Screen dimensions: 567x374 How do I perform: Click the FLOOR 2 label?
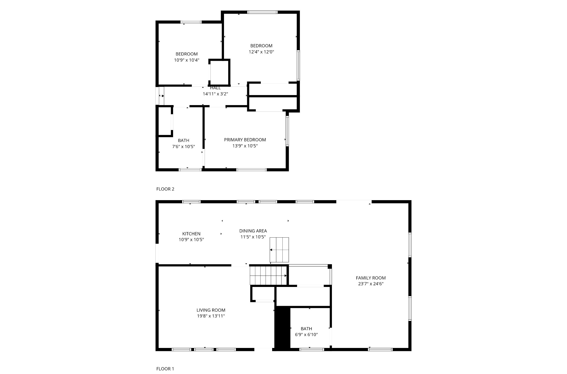(x=165, y=189)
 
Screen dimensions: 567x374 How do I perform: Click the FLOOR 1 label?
(x=165, y=369)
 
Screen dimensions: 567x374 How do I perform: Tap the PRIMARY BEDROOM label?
(x=245, y=140)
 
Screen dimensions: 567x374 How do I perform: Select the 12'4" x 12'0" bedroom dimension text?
(x=261, y=52)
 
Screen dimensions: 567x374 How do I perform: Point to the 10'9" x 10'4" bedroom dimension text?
(x=187, y=60)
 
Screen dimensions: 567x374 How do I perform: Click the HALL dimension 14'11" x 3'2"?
(x=215, y=94)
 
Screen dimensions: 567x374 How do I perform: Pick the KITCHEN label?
(x=191, y=234)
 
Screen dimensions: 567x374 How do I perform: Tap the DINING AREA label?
(x=253, y=231)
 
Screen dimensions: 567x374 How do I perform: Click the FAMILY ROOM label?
(x=371, y=278)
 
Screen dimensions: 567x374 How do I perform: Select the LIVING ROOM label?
(x=211, y=310)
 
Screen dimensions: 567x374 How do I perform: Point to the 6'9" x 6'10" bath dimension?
(x=306, y=335)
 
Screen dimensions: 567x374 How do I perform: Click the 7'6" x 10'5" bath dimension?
(x=184, y=146)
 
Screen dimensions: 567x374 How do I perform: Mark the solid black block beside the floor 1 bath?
(x=282, y=328)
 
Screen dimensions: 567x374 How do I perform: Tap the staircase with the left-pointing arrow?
(x=279, y=250)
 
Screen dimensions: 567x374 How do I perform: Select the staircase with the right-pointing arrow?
(x=268, y=276)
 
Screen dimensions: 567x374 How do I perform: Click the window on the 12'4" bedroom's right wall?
(x=298, y=65)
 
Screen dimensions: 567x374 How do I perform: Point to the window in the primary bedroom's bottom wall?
(x=252, y=170)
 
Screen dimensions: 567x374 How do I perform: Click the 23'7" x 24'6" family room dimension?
(x=371, y=284)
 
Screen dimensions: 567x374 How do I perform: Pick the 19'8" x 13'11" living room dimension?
(x=211, y=316)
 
